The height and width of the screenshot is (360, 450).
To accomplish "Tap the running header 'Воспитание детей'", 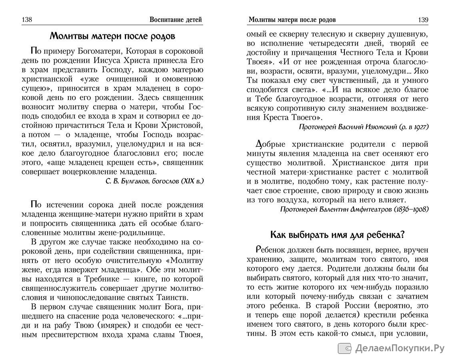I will click(x=176, y=20).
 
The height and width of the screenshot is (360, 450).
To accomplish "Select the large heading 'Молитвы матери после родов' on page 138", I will click(x=112, y=37).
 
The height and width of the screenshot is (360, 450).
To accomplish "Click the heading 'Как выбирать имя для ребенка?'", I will click(x=338, y=235).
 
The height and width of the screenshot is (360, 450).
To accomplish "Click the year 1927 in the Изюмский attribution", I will click(x=419, y=127).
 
